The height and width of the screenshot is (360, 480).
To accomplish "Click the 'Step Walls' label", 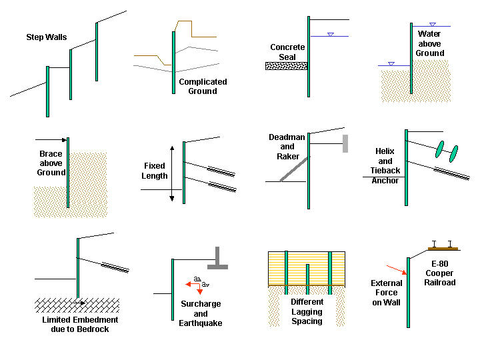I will pyautogui.click(x=46, y=37).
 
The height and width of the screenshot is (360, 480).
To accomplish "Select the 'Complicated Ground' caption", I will pyautogui.click(x=203, y=87).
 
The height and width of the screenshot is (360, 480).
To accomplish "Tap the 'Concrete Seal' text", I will pyautogui.click(x=287, y=52).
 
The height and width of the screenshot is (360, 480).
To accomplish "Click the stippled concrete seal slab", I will pyautogui.click(x=286, y=66).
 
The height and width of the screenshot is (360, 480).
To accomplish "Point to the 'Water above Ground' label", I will pyautogui.click(x=430, y=43).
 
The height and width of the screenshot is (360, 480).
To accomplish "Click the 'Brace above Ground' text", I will pyautogui.click(x=51, y=163).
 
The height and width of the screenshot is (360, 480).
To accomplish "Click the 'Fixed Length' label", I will pyautogui.click(x=155, y=171).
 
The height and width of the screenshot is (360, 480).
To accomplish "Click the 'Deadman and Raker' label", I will pyautogui.click(x=287, y=147).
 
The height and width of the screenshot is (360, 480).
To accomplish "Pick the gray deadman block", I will pyautogui.click(x=345, y=143).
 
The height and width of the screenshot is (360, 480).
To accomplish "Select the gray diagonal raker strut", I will pyautogui.click(x=294, y=168).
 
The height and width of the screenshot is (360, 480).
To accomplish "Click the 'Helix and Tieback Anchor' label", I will pyautogui.click(x=385, y=166).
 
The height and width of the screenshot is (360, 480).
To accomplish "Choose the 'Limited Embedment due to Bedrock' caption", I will pyautogui.click(x=79, y=325).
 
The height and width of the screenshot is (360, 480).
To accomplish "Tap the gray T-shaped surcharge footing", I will pyautogui.click(x=217, y=259).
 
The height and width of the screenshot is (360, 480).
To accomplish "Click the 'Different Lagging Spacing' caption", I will pyautogui.click(x=307, y=312).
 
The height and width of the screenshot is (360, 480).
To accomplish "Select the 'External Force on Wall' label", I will pyautogui.click(x=387, y=293).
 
